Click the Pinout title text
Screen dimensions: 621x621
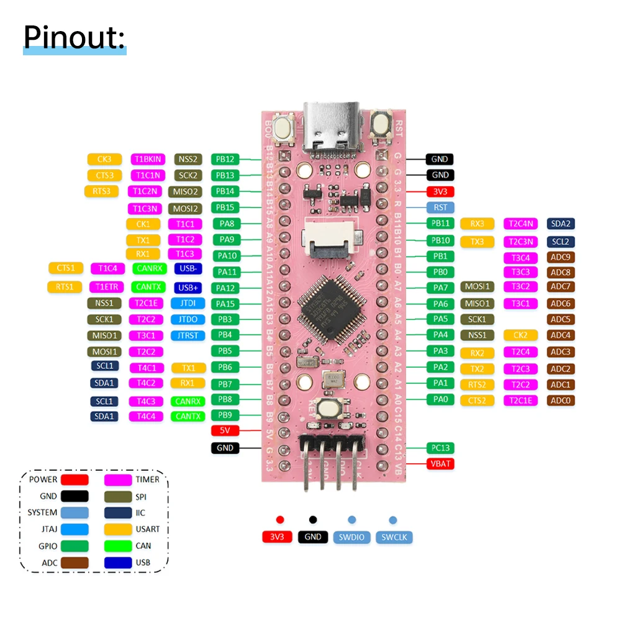point(75,39)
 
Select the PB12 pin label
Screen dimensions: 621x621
point(225,159)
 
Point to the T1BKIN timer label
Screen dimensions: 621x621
point(147,159)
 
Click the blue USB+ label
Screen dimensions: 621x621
point(188,288)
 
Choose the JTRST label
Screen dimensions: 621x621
point(188,335)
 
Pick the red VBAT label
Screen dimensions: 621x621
point(440,463)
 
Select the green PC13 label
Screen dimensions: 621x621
point(440,448)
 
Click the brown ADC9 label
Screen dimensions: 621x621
point(561,257)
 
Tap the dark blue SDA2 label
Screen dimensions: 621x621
point(561,224)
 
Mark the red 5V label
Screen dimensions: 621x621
point(225,430)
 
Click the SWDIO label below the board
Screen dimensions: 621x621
point(351,537)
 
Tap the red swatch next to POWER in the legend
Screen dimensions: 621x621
point(74,479)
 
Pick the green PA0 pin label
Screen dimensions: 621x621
point(440,399)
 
